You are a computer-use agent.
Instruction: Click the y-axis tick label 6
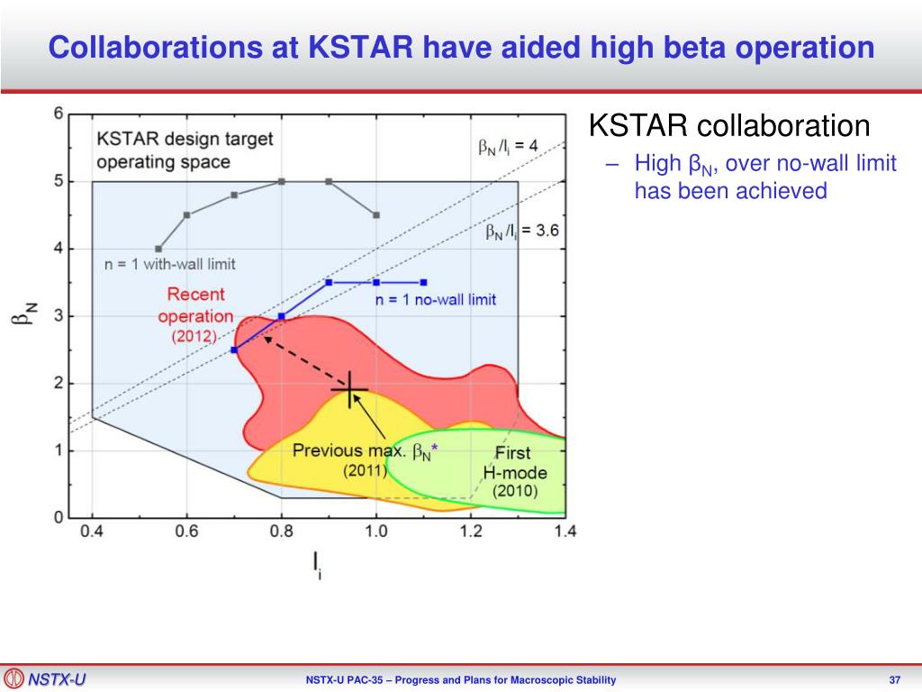pyautogui.click(x=59, y=113)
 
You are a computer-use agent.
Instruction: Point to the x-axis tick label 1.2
pyautogui.click(x=470, y=532)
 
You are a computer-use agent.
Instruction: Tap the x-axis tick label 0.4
pyautogui.click(x=92, y=532)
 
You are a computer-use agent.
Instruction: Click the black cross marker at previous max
pyautogui.click(x=350, y=389)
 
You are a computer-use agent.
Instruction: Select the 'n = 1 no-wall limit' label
pyautogui.click(x=436, y=299)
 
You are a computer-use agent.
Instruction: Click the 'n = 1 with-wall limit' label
pyautogui.click(x=170, y=264)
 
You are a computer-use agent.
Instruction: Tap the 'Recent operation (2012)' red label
pyautogui.click(x=195, y=314)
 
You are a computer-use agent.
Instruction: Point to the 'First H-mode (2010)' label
pyautogui.click(x=514, y=472)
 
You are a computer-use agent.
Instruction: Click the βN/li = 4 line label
pyautogui.click(x=508, y=146)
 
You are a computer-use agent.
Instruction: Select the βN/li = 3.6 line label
pyautogui.click(x=522, y=231)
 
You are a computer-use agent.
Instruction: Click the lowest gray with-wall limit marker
pyautogui.click(x=158, y=249)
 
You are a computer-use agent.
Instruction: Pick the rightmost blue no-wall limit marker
pyautogui.click(x=424, y=282)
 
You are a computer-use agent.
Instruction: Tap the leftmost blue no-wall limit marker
pyautogui.click(x=234, y=351)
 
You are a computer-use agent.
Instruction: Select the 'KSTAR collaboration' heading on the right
pyautogui.click(x=729, y=125)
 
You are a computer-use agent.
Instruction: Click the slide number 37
pyautogui.click(x=894, y=679)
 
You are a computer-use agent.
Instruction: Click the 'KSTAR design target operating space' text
pyautogui.click(x=185, y=150)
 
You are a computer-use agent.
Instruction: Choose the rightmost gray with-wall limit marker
pyautogui.click(x=376, y=215)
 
